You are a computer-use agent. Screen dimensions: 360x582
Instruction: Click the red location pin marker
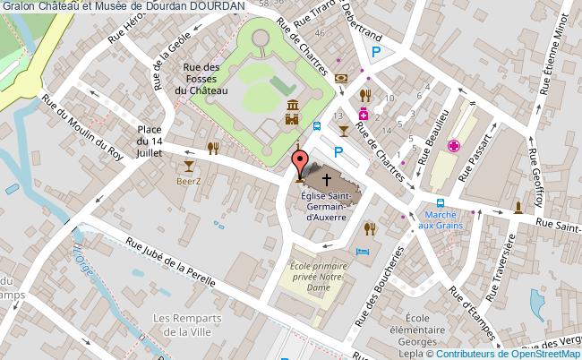pos(300,163)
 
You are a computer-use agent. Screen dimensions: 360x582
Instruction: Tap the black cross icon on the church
pos(326,179)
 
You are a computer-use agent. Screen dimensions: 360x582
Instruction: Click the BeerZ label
pos(188,181)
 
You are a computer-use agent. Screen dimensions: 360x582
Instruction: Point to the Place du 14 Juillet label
pos(150,141)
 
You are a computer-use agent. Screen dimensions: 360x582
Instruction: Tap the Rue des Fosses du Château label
pos(201,78)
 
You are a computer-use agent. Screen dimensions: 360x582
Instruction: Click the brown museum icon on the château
pos(293,115)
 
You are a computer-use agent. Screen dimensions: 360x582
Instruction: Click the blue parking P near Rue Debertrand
pos(376,54)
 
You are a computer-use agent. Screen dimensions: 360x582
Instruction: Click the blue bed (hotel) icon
pos(363,253)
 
